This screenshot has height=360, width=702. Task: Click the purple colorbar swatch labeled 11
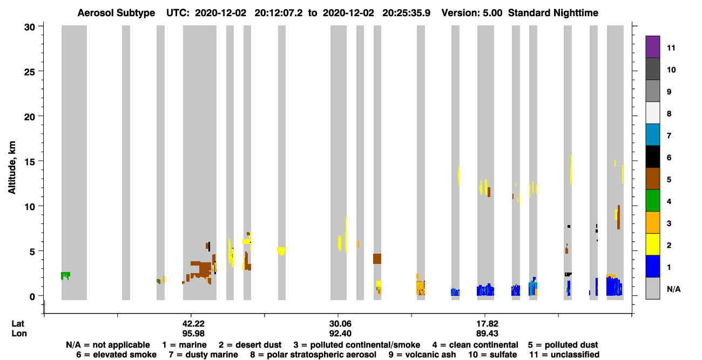652,47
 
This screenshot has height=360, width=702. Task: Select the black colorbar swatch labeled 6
652,157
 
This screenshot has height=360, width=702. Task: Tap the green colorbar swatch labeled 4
652,201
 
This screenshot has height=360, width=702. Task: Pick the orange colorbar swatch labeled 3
652,222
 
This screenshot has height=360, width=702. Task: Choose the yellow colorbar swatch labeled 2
652,244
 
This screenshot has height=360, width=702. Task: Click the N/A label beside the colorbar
673,289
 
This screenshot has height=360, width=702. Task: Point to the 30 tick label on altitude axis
30,28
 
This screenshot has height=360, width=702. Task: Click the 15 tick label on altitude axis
30,162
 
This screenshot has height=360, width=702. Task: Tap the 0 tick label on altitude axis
32,296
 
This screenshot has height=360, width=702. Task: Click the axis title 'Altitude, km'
12,168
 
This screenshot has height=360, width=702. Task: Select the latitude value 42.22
193,324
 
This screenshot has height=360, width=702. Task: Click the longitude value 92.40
340,334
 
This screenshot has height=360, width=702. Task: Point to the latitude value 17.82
487,324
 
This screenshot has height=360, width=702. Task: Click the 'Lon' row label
19,334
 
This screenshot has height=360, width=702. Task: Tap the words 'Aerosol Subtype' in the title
116,13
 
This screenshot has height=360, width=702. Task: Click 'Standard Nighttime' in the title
553,13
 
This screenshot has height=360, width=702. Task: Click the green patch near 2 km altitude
65,276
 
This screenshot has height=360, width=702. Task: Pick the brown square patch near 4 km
377,259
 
